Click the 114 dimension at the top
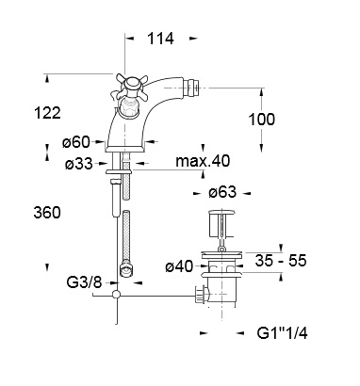(160, 39)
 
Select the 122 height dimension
(47, 113)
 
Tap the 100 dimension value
(262, 120)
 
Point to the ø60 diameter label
(76, 142)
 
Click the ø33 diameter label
(79, 164)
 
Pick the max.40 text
(203, 161)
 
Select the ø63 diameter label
(222, 192)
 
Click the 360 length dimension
(47, 213)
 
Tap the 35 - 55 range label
(281, 261)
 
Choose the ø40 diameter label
(179, 266)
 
